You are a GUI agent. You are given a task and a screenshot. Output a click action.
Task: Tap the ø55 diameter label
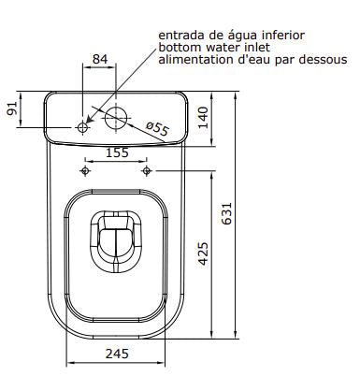tap(156, 129)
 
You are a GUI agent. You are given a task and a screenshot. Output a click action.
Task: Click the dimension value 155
tap(117, 152)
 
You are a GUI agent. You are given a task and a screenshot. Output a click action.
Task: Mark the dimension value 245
tap(117, 353)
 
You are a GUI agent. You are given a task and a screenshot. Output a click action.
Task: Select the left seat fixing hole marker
tap(86, 170)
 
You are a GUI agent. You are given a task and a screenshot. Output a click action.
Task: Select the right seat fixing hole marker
tap(147, 170)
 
